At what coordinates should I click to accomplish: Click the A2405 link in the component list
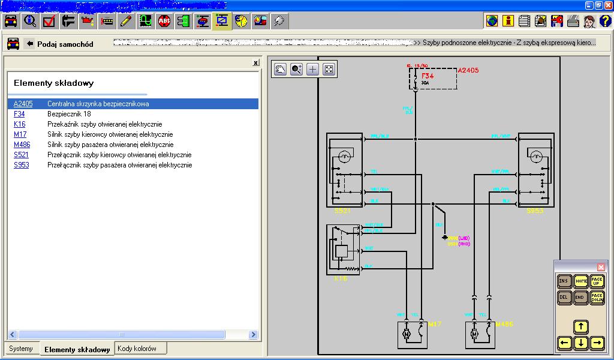click(x=23, y=104)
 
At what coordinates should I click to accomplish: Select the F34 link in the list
click(x=19, y=114)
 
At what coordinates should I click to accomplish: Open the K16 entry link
click(x=19, y=124)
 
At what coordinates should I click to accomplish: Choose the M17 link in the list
click(x=20, y=134)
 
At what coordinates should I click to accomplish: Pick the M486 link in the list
click(x=22, y=145)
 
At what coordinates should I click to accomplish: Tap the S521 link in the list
click(x=20, y=155)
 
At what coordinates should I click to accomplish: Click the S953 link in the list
click(x=21, y=165)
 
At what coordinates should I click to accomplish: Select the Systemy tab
click(x=21, y=349)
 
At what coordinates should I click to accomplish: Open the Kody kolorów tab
click(x=137, y=349)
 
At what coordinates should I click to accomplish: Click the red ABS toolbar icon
click(x=164, y=22)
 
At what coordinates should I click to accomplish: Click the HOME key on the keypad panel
click(x=580, y=281)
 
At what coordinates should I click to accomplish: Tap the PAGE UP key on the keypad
click(x=597, y=281)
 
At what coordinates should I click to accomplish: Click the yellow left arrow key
click(x=564, y=343)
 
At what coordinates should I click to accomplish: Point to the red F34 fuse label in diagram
click(x=428, y=76)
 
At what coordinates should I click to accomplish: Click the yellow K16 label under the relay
click(x=340, y=279)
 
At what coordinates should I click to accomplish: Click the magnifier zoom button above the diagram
click(x=296, y=69)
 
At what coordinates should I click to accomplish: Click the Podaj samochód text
click(x=65, y=44)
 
